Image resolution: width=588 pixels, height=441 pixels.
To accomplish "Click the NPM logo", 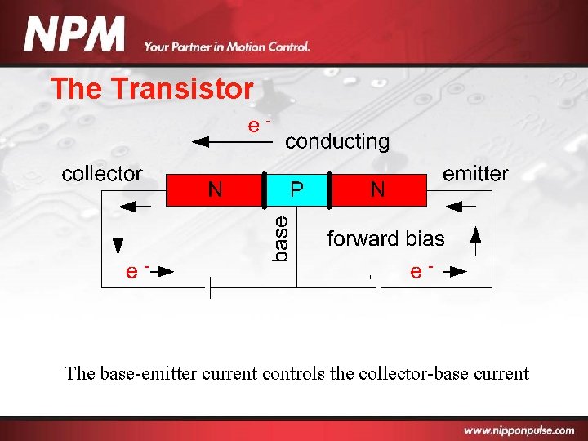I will (x=75, y=35).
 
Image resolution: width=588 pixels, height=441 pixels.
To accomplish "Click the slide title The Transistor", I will (x=152, y=88).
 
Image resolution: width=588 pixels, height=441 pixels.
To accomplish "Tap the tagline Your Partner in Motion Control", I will (x=227, y=47).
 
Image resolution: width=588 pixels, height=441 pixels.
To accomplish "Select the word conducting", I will (x=337, y=141).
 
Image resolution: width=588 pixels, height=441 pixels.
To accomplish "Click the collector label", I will (x=102, y=174).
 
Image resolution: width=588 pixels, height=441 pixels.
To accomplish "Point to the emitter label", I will (x=475, y=173).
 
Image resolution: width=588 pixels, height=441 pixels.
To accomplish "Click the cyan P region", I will (x=297, y=190).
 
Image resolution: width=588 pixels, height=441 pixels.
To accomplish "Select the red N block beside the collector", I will (x=215, y=190).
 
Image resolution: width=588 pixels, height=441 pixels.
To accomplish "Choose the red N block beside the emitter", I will (x=378, y=190).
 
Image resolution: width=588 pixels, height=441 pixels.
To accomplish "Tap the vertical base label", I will (x=280, y=238).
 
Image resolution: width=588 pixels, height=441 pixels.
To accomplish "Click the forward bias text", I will (x=385, y=238).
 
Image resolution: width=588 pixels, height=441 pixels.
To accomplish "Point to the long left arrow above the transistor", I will (x=231, y=141).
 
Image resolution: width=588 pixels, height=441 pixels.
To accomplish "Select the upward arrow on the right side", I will (x=476, y=238).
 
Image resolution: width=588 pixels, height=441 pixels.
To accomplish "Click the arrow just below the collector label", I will (x=137, y=207).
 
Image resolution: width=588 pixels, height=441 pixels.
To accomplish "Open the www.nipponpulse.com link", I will (x=522, y=430).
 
